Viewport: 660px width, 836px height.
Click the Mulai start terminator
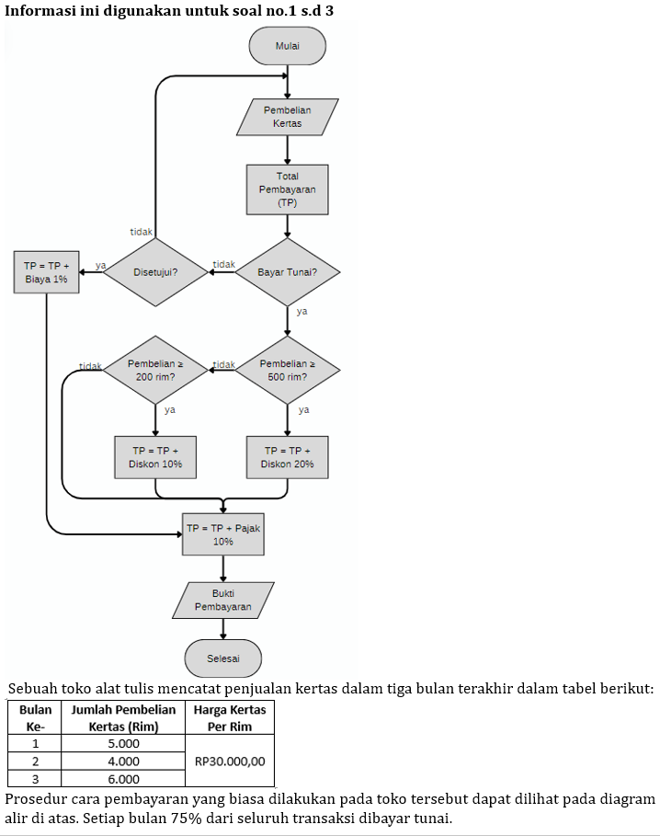pyautogui.click(x=287, y=46)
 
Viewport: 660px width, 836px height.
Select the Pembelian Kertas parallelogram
pyautogui.click(x=287, y=117)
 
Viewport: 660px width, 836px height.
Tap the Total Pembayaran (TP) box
pyautogui.click(x=287, y=189)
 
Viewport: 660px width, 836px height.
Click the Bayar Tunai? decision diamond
pyautogui.click(x=287, y=272)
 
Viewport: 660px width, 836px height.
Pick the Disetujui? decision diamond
pyautogui.click(x=155, y=272)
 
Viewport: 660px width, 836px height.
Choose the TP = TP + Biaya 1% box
pyautogui.click(x=46, y=272)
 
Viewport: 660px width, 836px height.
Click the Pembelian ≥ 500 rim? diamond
pyautogui.click(x=287, y=371)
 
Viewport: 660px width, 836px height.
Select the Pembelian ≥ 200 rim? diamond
pyautogui.click(x=155, y=371)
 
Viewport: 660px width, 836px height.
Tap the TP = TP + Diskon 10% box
pyautogui.click(x=155, y=457)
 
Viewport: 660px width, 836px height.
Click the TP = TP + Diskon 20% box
pyautogui.click(x=287, y=457)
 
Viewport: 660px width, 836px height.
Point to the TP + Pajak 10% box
pyautogui.click(x=223, y=534)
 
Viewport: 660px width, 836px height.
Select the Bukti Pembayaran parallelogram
pyautogui.click(x=223, y=601)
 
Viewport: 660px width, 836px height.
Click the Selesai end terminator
pyautogui.click(x=223, y=658)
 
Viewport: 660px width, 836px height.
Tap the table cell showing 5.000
pyautogui.click(x=124, y=743)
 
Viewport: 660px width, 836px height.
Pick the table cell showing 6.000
pyautogui.click(x=124, y=779)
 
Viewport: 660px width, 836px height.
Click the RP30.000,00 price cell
pyautogui.click(x=230, y=761)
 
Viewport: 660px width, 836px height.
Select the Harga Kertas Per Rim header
pyautogui.click(x=230, y=717)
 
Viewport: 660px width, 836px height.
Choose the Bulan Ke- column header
pyautogui.click(x=35, y=717)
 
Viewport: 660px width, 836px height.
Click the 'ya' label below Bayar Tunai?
pyautogui.click(x=302, y=312)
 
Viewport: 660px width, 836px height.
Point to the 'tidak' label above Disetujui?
pyautogui.click(x=141, y=232)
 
